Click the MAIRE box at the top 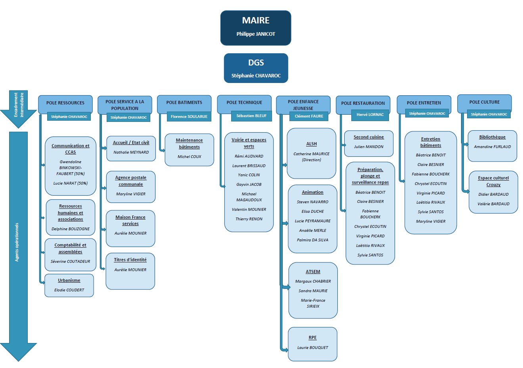pos(256,28)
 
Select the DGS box pos(256,68)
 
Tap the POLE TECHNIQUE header pos(244,102)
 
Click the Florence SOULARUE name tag pos(189,116)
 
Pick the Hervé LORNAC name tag pos(370,115)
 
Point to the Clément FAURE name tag pos(309,116)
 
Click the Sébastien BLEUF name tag pos(251,116)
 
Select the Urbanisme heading pos(69,280)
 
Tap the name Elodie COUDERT pos(69,290)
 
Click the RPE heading pos(312,337)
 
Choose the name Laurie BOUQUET pos(312,348)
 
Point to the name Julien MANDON pos(369,146)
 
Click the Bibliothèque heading pos(492,137)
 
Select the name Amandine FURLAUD pos(492,146)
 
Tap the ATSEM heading pos(313,272)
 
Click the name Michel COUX pos(190,157)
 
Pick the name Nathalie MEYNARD pos(131,152)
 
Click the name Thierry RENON pos(249,219)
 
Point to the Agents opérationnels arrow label pos(17,242)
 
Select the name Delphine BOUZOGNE pos(71,229)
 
